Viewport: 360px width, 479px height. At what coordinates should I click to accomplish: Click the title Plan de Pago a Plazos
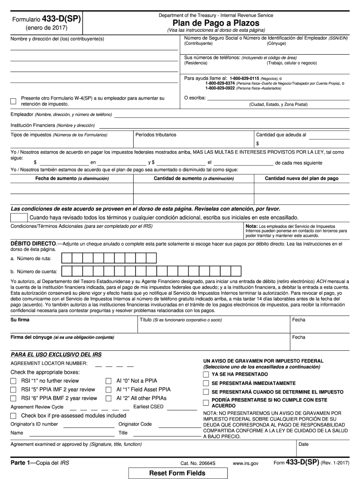[x=216, y=23]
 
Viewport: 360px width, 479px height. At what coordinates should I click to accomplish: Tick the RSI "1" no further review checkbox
[x=13, y=381]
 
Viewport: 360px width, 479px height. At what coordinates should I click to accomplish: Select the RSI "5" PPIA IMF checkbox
[x=13, y=390]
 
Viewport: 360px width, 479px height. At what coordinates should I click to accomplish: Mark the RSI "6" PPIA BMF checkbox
[x=13, y=399]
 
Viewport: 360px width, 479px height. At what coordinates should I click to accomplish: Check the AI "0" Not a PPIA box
[x=108, y=381]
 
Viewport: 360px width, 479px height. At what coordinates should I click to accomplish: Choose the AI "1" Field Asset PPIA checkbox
[x=108, y=390]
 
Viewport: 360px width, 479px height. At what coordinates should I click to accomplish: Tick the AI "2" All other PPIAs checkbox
[x=108, y=399]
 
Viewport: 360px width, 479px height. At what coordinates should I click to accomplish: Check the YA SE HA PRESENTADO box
[x=206, y=375]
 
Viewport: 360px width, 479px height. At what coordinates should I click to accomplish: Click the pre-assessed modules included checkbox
[x=13, y=416]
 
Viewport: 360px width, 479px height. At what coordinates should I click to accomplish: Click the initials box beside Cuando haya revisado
[x=19, y=218]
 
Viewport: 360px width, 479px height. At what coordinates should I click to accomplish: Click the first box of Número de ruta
[x=67, y=258]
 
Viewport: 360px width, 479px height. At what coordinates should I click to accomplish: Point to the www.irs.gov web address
[x=245, y=463]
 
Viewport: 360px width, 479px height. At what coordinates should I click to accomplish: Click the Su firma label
[x=20, y=320]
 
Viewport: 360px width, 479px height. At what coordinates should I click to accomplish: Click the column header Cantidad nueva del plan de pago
[x=302, y=179]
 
